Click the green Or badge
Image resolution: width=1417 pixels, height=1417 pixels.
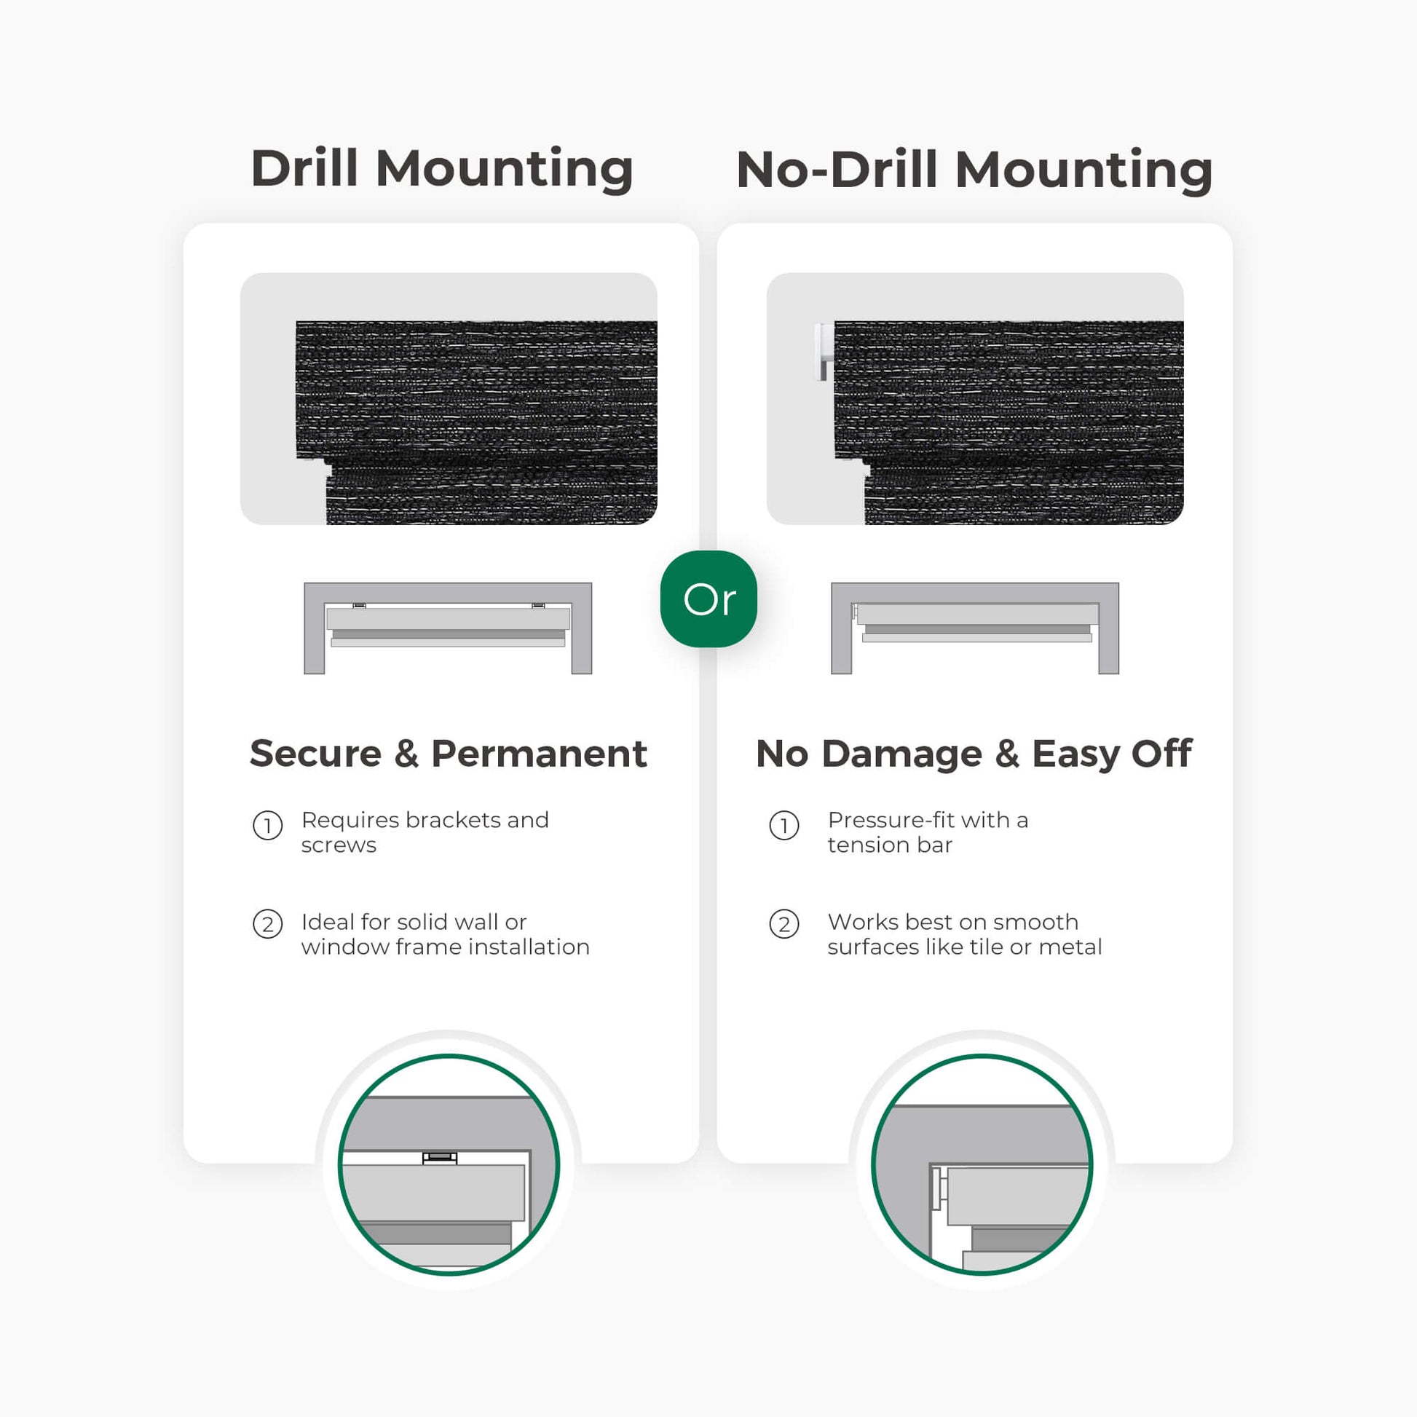coord(708,599)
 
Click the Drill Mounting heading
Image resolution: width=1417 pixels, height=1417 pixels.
coord(441,169)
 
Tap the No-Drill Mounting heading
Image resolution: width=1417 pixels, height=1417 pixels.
coord(974,170)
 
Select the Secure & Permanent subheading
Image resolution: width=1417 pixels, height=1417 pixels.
coord(448,753)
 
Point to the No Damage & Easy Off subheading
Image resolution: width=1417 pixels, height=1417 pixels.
coord(974,754)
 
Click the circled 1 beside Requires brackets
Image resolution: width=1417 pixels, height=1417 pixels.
coord(268,826)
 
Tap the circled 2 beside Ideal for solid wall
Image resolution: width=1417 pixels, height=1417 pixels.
coord(268,924)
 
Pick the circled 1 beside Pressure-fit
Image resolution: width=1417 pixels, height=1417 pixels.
coord(784,826)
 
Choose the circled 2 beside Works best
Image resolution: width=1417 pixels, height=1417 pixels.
coord(784,924)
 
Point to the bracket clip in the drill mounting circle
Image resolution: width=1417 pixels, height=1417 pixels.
coord(439,1158)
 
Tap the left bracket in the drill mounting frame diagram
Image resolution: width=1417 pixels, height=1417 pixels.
coord(360,606)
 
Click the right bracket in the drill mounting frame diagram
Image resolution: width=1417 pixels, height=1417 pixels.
coord(537,606)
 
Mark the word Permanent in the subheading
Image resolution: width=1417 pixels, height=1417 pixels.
coord(539,753)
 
